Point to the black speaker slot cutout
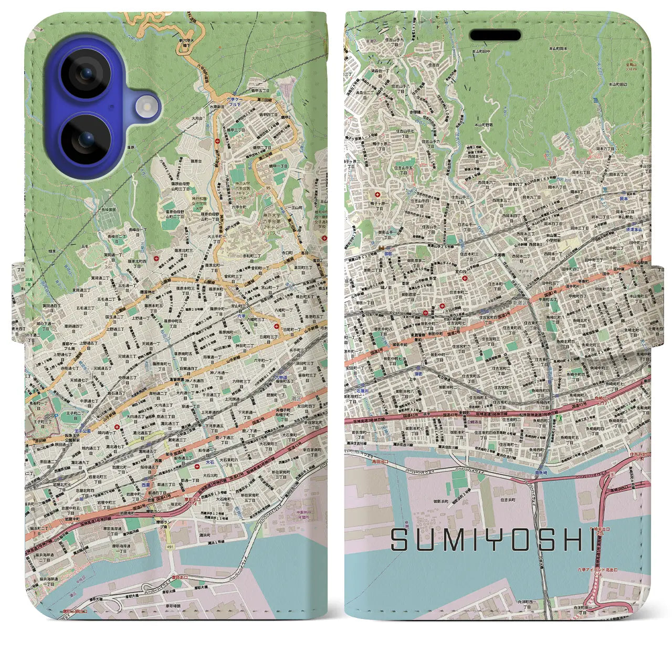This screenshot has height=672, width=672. [495, 36]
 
